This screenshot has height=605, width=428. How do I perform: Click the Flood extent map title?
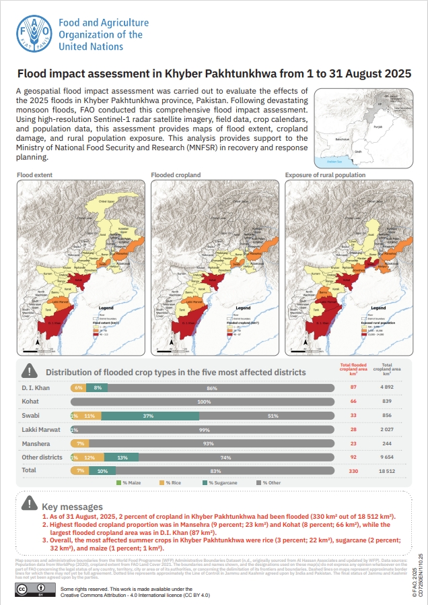[x=34, y=175]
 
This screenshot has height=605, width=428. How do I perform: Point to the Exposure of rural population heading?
[x=325, y=175]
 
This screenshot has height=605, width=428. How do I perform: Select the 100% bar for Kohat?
[x=203, y=402]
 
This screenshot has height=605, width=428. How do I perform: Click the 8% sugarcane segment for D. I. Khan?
[x=98, y=388]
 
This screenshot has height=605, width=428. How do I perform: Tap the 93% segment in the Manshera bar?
[x=211, y=443]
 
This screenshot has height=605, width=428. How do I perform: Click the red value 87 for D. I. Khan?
[x=353, y=387]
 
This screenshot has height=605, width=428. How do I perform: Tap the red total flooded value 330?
[x=353, y=470]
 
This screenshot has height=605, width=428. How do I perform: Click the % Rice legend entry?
[x=170, y=483]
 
